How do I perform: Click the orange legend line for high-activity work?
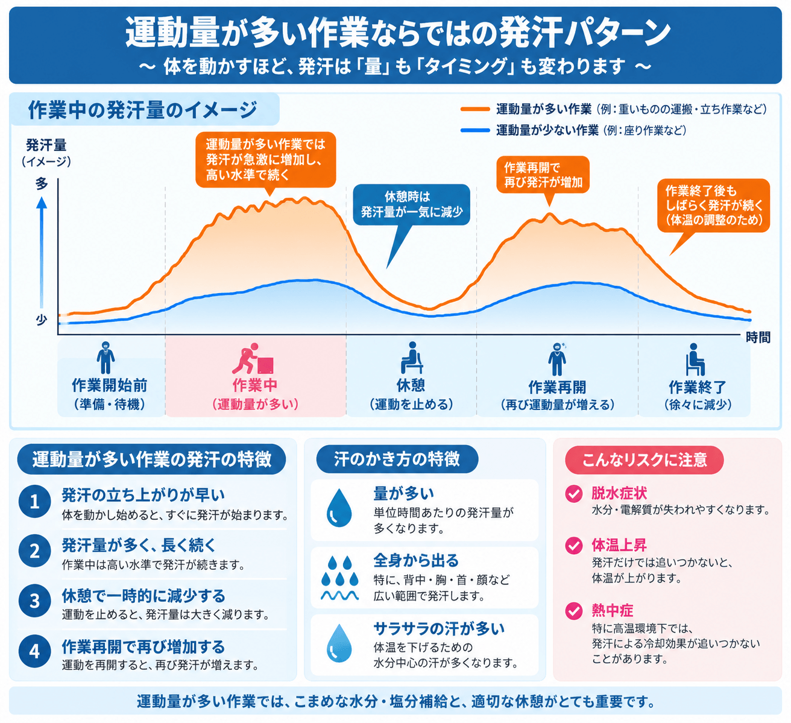[x=475, y=109]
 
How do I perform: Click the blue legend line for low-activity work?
[x=475, y=130]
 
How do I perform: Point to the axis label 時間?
[x=758, y=338]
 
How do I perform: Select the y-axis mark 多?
[x=42, y=183]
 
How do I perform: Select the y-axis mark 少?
[x=42, y=320]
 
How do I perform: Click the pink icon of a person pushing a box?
[x=253, y=358]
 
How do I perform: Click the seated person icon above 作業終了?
[x=695, y=359]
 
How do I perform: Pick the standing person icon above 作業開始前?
[x=106, y=358]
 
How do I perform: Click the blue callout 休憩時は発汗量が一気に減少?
[x=411, y=204]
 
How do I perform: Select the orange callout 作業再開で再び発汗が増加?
[x=543, y=175]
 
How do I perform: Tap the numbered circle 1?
[x=35, y=502]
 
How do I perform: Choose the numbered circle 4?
[x=35, y=651]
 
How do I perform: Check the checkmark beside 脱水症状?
[x=574, y=494]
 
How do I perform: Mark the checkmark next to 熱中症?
[x=574, y=611]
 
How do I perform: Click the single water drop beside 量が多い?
[x=339, y=508]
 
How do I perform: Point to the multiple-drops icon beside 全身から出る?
[x=339, y=578]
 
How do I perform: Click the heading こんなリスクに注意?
[x=644, y=460]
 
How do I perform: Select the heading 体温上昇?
[x=619, y=545]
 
